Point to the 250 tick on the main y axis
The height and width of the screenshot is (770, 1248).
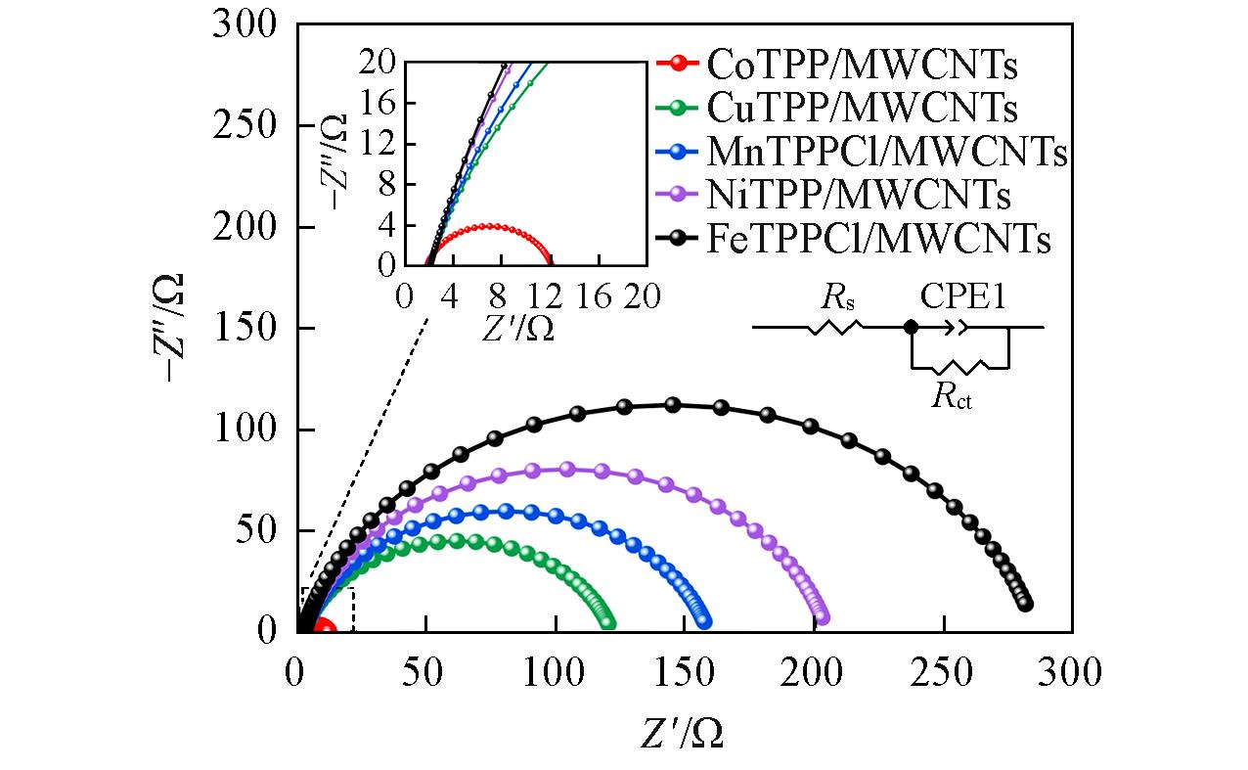click(244, 126)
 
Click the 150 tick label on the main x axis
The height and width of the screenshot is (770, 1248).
click(684, 674)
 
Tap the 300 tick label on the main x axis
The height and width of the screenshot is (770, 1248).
click(1071, 674)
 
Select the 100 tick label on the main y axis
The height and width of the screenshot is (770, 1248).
click(244, 430)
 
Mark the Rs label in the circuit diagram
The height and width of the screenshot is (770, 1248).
click(828, 298)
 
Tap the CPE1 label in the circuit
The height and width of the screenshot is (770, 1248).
click(961, 296)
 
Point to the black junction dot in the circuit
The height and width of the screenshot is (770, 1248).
click(911, 328)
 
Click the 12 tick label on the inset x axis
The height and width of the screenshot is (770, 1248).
click(548, 294)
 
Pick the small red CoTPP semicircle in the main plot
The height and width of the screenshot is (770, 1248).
click(322, 628)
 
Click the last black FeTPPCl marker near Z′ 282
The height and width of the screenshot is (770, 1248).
click(1025, 604)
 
